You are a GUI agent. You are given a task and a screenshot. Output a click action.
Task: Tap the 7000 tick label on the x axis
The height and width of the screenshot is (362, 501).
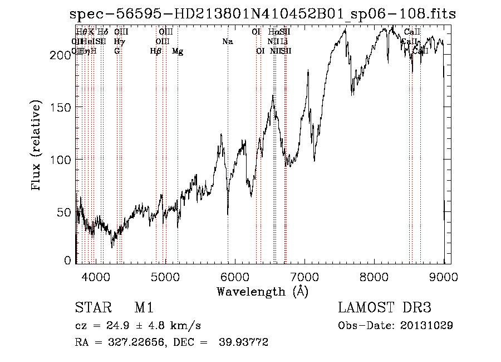(304, 276)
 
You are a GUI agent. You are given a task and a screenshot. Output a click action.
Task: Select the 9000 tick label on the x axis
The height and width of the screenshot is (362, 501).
(444, 276)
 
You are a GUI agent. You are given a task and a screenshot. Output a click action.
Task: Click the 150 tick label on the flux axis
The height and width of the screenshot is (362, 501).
(62, 107)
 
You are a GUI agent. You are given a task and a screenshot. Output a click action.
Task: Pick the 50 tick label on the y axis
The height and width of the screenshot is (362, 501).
(65, 212)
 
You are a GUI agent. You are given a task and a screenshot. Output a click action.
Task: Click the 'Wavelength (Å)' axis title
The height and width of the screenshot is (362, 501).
(262, 291)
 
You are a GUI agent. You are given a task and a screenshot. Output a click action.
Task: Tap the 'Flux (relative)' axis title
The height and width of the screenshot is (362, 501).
(37, 147)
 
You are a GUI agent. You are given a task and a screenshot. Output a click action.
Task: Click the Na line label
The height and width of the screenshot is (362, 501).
(227, 42)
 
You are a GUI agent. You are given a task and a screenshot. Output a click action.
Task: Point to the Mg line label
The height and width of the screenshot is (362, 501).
(178, 51)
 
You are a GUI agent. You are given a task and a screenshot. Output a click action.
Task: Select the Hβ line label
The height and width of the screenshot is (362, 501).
(156, 51)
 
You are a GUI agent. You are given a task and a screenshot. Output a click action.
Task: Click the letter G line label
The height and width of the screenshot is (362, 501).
(117, 51)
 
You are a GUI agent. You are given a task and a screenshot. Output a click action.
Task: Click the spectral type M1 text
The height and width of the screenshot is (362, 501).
(144, 308)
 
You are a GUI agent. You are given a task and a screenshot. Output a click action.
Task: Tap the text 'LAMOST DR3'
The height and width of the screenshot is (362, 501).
(385, 308)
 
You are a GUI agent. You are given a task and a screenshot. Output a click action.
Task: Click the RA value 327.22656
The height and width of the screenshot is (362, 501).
(135, 342)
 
